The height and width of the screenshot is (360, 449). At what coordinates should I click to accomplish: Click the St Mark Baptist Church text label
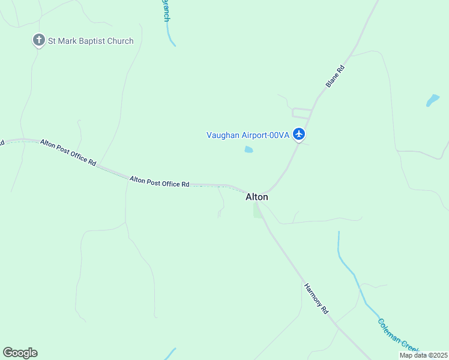tap(91, 41)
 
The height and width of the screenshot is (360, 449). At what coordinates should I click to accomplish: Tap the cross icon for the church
tap(39, 41)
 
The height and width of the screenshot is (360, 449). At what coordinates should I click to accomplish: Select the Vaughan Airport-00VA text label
tap(248, 135)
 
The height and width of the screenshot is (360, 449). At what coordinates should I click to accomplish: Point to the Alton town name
tap(257, 197)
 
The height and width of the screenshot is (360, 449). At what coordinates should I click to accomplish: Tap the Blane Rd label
tap(336, 77)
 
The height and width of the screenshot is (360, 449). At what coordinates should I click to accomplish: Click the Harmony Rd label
tap(316, 299)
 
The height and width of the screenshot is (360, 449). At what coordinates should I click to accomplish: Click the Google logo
tap(20, 353)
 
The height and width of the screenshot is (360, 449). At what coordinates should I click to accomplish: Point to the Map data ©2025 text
tap(423, 355)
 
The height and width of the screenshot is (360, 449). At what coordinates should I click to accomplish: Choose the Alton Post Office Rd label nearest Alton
tap(160, 181)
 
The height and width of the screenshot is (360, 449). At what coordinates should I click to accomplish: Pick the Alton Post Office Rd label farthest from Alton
tap(68, 152)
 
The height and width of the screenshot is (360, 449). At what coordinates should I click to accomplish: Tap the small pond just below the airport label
tap(249, 149)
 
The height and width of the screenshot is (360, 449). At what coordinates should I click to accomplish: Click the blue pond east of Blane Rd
tap(432, 100)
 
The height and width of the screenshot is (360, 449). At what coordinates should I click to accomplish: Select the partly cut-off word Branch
tap(166, 11)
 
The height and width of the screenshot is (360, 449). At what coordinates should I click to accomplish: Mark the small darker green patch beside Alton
tap(258, 210)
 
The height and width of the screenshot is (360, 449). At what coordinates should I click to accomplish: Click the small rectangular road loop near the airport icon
tap(302, 113)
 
